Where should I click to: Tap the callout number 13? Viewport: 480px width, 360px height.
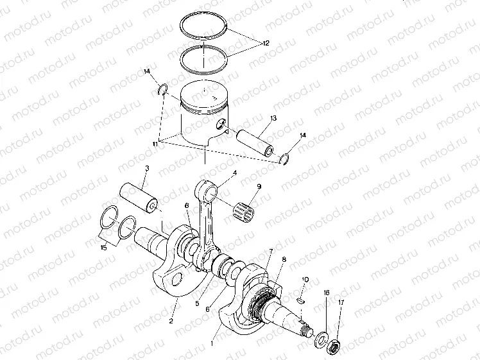(x=273, y=119)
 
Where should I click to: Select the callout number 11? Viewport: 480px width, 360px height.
(x=154, y=145)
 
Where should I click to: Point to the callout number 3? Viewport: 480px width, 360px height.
(x=147, y=169)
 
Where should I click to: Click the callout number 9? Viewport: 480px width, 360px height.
(x=259, y=187)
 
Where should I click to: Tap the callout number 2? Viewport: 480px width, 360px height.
(x=171, y=320)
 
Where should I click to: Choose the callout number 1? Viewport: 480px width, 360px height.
(x=214, y=343)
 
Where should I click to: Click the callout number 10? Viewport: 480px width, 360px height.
(x=305, y=280)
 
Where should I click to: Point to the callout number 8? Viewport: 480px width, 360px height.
(x=284, y=260)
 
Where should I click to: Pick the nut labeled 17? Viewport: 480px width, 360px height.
(x=334, y=348)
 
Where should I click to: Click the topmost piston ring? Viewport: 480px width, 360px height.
(x=204, y=27)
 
